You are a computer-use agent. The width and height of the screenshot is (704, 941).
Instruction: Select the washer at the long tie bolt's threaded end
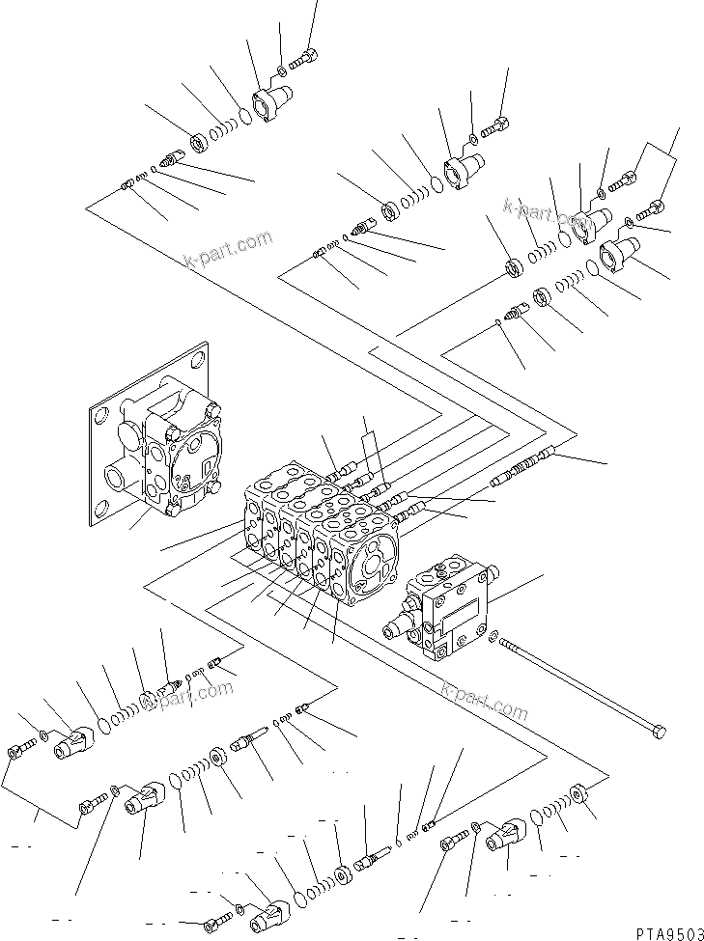click(x=495, y=636)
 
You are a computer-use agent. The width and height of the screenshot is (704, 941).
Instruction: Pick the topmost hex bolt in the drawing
click(x=308, y=55)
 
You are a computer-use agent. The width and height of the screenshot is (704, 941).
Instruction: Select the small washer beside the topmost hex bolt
click(x=280, y=69)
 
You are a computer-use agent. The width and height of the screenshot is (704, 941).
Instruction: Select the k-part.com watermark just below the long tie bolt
click(x=484, y=703)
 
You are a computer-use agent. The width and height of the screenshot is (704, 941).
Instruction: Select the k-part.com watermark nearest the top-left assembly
click(x=228, y=250)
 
